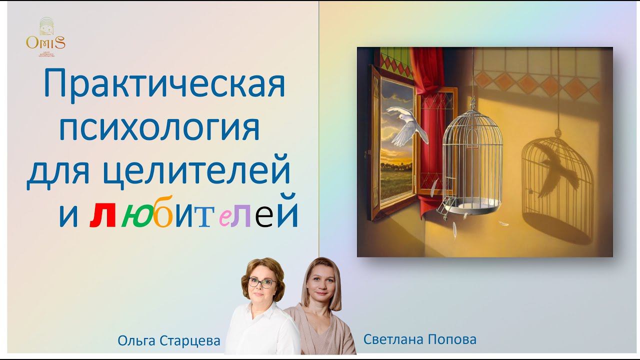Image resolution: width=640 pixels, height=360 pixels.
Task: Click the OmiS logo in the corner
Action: [45, 37]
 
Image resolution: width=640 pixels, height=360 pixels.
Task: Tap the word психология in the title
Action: [159, 127]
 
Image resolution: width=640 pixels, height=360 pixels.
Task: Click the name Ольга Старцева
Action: [169, 341]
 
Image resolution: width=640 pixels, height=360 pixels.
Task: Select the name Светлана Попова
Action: [420, 339]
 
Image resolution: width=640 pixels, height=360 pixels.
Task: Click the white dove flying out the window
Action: [406, 125]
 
